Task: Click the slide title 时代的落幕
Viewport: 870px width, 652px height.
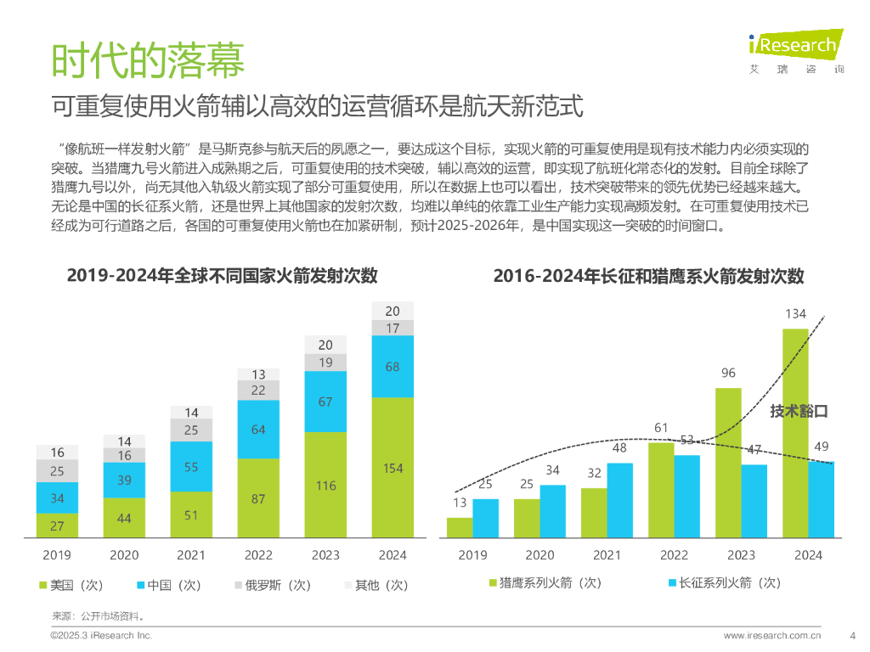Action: click(148, 60)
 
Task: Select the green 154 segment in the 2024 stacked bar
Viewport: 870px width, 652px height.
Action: click(393, 467)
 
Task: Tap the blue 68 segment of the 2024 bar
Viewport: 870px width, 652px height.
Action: click(393, 366)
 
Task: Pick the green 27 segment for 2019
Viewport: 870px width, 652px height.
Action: click(57, 526)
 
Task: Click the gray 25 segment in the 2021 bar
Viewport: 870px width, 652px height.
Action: click(191, 430)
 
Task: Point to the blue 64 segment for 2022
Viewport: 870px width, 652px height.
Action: click(258, 430)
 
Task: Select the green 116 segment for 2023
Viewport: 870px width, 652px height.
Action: click(326, 485)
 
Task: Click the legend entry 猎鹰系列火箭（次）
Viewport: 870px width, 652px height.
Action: click(544, 582)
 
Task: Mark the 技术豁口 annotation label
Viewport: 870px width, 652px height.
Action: click(799, 412)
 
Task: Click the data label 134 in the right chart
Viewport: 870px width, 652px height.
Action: click(795, 314)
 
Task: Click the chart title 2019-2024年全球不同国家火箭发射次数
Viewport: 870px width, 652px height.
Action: click(222, 276)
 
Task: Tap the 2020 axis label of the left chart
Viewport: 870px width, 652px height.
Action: click(124, 555)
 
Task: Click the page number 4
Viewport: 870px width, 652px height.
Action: click(852, 635)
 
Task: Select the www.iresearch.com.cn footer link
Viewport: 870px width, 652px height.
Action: click(772, 635)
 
